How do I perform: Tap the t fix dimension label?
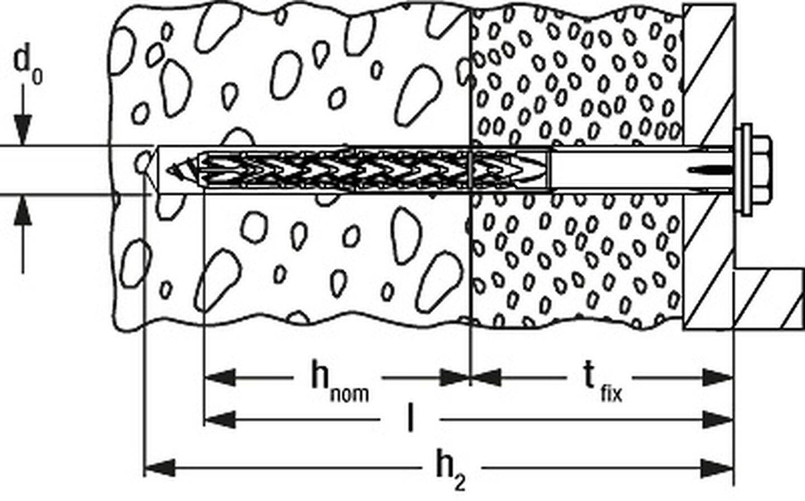click(x=603, y=381)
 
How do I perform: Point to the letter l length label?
click(x=410, y=418)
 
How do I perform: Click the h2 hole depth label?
click(x=451, y=469)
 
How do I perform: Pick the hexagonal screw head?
click(x=761, y=169)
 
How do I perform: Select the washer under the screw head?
click(x=743, y=169)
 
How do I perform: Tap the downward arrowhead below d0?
click(x=23, y=129)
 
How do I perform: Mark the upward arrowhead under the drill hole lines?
click(x=23, y=211)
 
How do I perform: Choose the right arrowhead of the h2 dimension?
click(x=717, y=469)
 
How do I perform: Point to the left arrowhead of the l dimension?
click(x=220, y=419)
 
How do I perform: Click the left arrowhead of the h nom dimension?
click(x=220, y=377)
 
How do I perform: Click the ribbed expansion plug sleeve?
click(x=374, y=169)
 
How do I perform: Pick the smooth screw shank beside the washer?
click(x=642, y=169)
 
